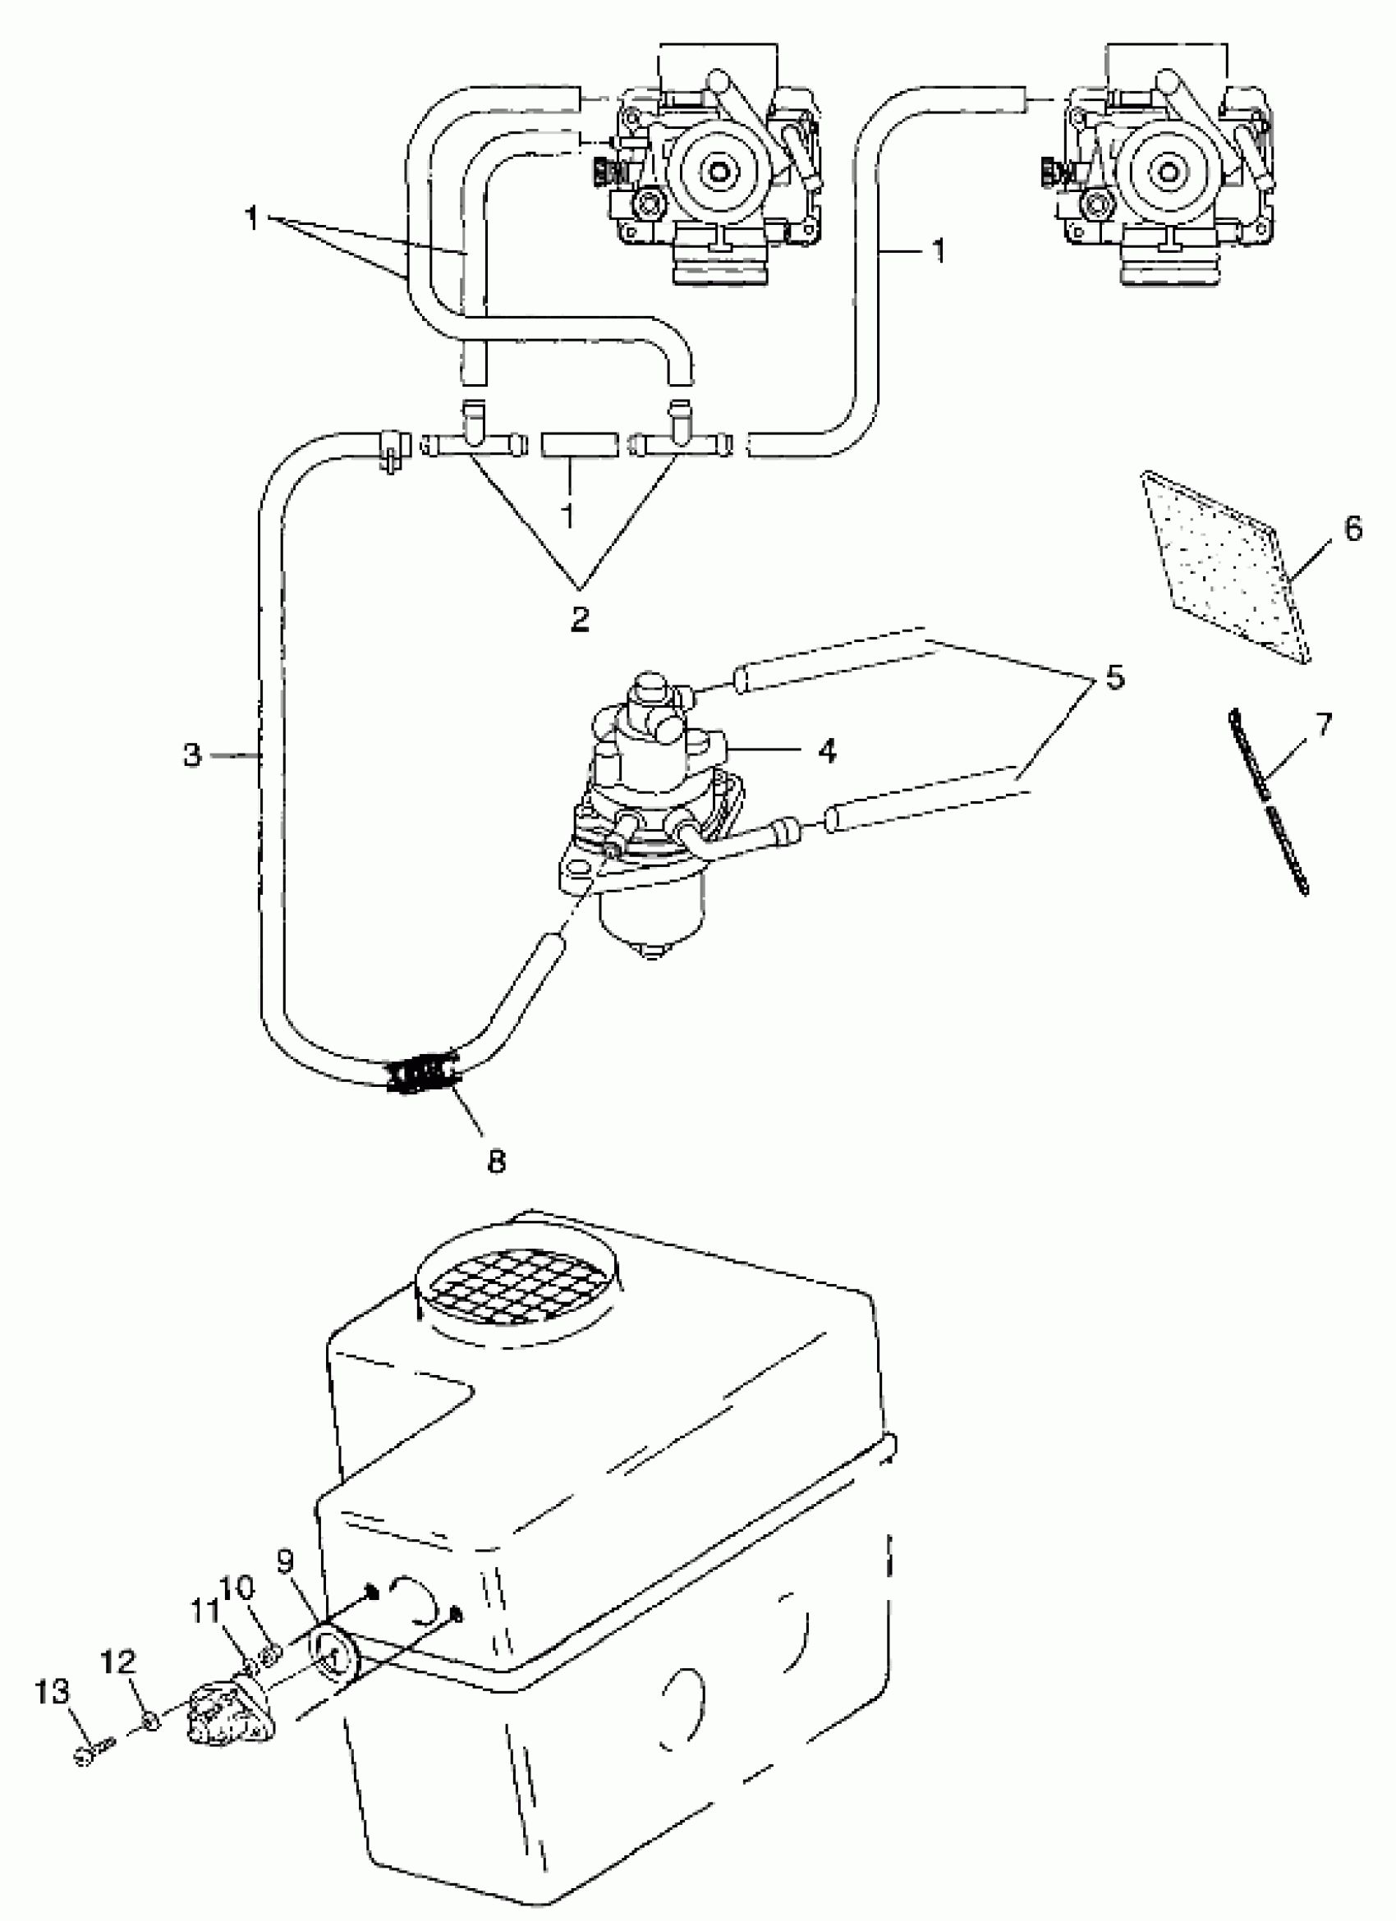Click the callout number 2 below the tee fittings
[579, 619]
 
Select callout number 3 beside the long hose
[192, 754]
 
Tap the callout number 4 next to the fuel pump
[827, 750]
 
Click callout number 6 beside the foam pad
[1352, 530]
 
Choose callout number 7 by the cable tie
[1321, 723]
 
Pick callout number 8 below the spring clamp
[496, 1159]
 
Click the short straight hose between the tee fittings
[579, 445]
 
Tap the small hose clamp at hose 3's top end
[391, 449]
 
